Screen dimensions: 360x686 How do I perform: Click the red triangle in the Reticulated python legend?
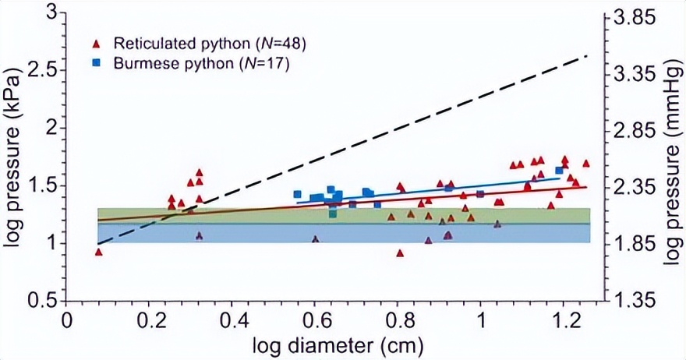click(97, 44)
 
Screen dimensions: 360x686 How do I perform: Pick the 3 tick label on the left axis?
click(51, 12)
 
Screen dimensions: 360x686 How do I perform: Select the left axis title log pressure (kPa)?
click(15, 156)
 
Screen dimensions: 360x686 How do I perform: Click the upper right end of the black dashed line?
click(586, 56)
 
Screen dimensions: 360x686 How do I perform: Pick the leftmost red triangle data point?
click(99, 252)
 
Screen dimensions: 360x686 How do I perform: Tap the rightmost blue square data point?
click(559, 171)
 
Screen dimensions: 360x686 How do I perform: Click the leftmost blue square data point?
click(297, 194)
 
